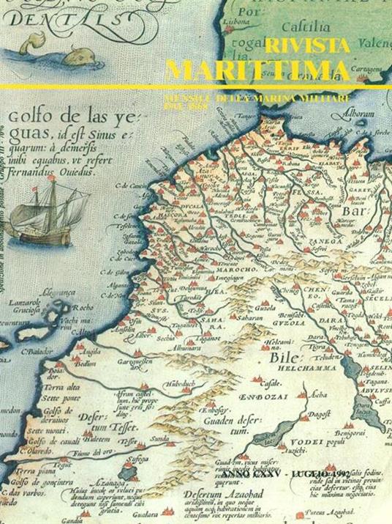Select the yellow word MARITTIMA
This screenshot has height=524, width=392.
coord(257,70)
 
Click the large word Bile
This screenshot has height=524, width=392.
coord(280,337)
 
